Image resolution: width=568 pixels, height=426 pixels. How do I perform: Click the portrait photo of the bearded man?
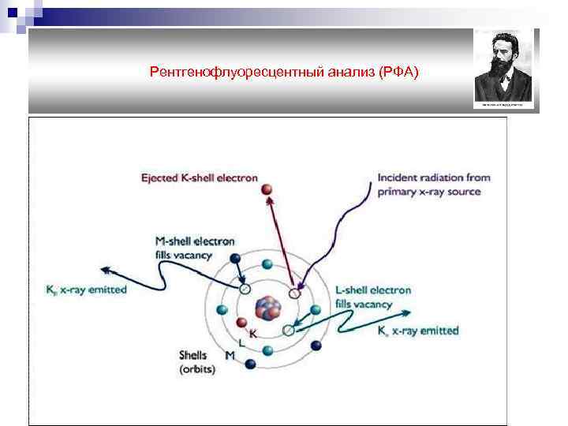[x=505, y=69]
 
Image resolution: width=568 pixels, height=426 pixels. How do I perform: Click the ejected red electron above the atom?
[x=267, y=190]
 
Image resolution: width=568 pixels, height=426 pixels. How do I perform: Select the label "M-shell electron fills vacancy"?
[x=194, y=248]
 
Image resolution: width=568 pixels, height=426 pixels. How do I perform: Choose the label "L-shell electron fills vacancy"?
[x=373, y=297]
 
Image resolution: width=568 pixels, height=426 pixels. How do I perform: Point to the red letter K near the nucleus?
[x=253, y=334]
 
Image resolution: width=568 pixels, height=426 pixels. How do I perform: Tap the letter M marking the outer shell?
[x=230, y=356]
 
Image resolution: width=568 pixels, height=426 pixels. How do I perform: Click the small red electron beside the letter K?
[x=243, y=322]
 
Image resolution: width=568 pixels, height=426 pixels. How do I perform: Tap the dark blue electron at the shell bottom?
[x=251, y=364]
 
